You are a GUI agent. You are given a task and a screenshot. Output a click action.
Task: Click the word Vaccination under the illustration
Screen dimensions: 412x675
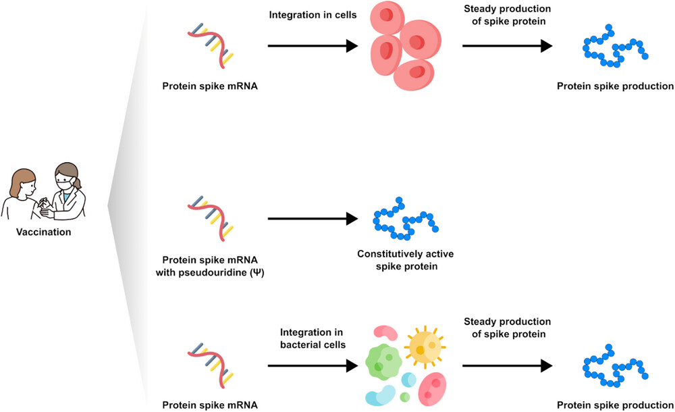tap(43, 232)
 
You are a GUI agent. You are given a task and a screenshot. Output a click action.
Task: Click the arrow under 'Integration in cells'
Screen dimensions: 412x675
tap(312, 46)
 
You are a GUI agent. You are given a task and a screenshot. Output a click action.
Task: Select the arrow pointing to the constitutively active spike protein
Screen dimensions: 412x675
tap(312, 218)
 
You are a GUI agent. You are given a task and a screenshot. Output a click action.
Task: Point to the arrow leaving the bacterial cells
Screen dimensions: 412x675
tap(506, 365)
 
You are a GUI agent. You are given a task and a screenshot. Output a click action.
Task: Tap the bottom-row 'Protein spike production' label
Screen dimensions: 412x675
tap(615, 405)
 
